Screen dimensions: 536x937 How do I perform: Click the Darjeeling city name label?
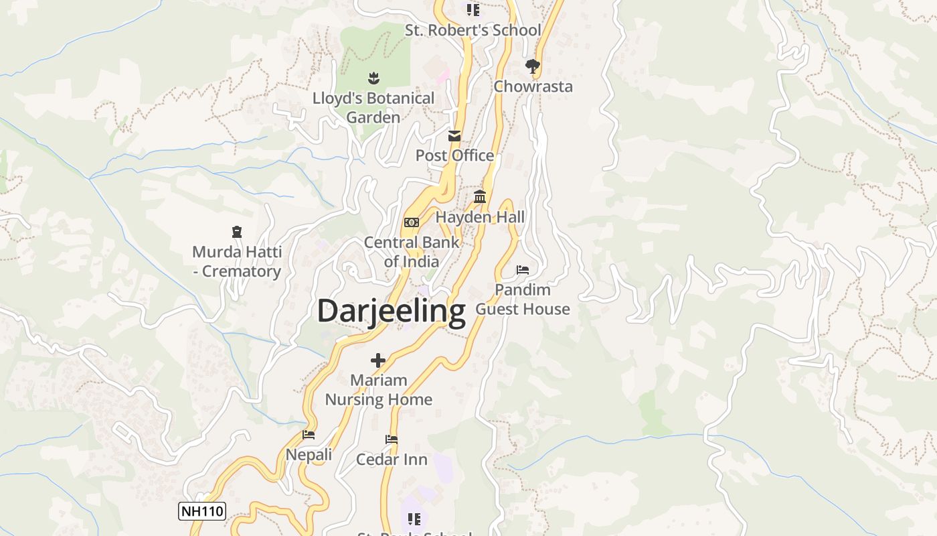[x=391, y=312]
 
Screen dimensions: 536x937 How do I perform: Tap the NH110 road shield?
[x=201, y=511]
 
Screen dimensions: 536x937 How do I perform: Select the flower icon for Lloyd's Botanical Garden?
[x=373, y=78]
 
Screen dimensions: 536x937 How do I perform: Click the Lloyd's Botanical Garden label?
[x=373, y=107]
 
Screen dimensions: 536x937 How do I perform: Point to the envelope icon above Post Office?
[x=454, y=136]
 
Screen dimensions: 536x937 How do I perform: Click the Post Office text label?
[x=454, y=155]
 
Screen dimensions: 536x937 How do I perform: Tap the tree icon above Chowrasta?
[x=533, y=66]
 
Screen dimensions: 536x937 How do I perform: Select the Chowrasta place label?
[x=533, y=86]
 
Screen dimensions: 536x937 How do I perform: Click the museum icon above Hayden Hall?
[x=480, y=197]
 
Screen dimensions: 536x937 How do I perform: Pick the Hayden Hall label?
[x=480, y=217]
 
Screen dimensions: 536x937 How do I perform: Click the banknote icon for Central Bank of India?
[x=412, y=222]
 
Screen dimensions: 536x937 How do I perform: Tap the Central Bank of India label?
[x=412, y=252]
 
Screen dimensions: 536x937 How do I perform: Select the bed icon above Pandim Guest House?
[x=523, y=270]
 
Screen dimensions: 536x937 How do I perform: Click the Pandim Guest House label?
[x=523, y=299]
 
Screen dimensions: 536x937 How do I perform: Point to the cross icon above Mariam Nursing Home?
[x=378, y=360]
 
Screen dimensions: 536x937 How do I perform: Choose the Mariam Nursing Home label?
[x=378, y=390]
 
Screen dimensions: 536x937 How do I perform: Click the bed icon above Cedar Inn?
[x=392, y=440]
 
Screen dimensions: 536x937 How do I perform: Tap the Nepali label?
[x=309, y=454]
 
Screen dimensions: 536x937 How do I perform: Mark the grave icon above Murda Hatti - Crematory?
[x=236, y=232]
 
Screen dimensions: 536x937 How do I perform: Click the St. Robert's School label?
[x=473, y=30]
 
